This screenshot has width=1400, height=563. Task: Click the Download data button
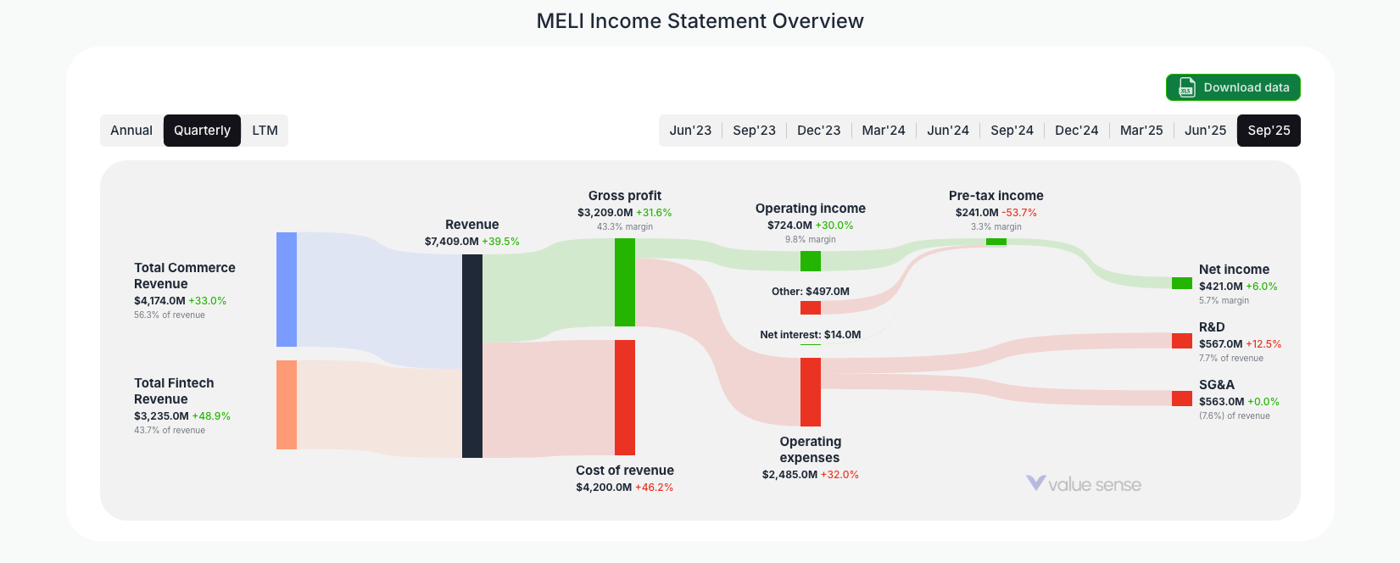click(1233, 87)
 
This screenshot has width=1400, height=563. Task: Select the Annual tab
click(131, 131)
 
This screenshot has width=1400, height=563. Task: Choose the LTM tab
click(265, 131)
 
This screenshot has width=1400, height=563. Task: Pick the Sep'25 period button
click(1269, 131)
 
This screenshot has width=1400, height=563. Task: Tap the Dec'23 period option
click(818, 131)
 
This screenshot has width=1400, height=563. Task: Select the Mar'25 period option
click(1141, 131)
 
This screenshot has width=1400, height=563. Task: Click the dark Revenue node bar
click(472, 356)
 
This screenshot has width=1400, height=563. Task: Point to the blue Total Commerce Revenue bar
click(287, 289)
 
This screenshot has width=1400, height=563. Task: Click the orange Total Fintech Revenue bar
click(287, 404)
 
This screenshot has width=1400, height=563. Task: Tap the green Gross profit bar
click(625, 282)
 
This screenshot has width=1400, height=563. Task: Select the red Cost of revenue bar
click(625, 397)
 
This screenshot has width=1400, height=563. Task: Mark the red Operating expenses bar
click(811, 392)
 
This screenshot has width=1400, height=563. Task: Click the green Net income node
click(1182, 283)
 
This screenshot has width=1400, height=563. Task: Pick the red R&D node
click(1182, 341)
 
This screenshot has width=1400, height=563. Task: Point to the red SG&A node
click(1182, 399)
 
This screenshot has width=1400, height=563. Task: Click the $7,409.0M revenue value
click(452, 242)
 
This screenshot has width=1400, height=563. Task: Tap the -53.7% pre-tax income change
click(1019, 213)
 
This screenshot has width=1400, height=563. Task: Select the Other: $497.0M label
click(810, 292)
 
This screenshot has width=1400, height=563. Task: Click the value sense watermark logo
click(1084, 484)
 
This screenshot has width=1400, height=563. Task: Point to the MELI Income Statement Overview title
click(700, 21)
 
